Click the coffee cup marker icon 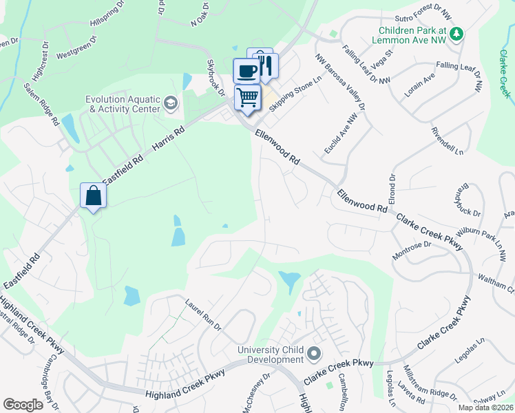pos(247,70)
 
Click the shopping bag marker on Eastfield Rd pos(92,196)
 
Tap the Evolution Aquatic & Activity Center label pos(123,104)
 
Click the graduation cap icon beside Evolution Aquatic pos(170,104)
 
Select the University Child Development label pos(271,354)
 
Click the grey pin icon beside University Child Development pos(314,354)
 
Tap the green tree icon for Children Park pos(455,33)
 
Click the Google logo pos(23,405)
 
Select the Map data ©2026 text pos(485,407)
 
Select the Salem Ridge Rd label pos(41,105)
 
